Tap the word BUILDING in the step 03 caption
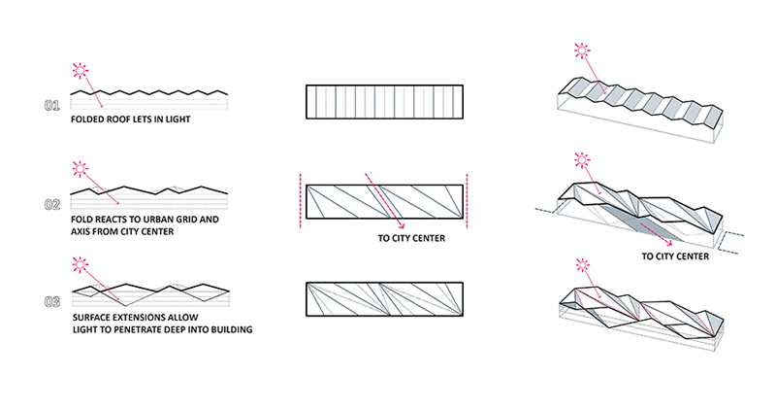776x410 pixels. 225,330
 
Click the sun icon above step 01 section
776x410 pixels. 79,70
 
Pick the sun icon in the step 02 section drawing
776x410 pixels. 79,170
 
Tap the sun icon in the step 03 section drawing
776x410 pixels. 79,263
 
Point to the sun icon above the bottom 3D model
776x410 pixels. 582,263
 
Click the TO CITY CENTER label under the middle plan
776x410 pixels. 412,238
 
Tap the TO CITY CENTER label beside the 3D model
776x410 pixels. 675,257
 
